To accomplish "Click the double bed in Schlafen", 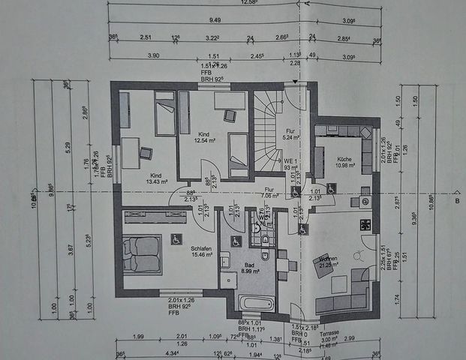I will [x=142, y=247].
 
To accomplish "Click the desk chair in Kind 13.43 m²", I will [x=145, y=154].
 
